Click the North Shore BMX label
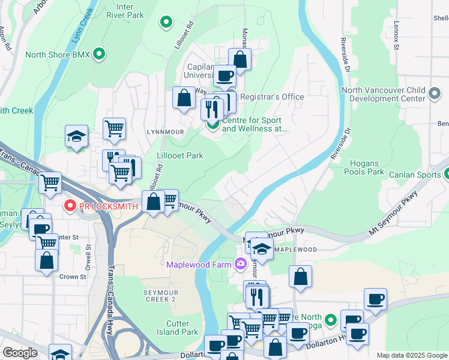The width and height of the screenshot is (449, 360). coord(57,55)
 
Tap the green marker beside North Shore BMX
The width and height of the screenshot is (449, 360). coord(100,55)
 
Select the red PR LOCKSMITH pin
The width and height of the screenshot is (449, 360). coord(70,206)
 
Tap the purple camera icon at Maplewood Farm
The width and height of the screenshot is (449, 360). coord(241,263)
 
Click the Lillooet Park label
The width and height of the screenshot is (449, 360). coord(179,155)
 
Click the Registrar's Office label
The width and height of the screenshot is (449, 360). coord(272,97)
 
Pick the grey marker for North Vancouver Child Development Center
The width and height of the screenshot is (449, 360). coord(435,94)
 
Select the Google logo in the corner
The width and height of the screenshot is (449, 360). coord(19,353)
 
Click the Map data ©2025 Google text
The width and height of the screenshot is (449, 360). coord(411,355)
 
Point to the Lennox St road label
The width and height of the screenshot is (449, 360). coord(396,37)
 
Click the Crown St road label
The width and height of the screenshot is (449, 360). coord(73,277)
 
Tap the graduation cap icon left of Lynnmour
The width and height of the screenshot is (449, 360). coord(77,137)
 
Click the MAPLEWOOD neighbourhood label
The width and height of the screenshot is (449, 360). coord(295,249)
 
